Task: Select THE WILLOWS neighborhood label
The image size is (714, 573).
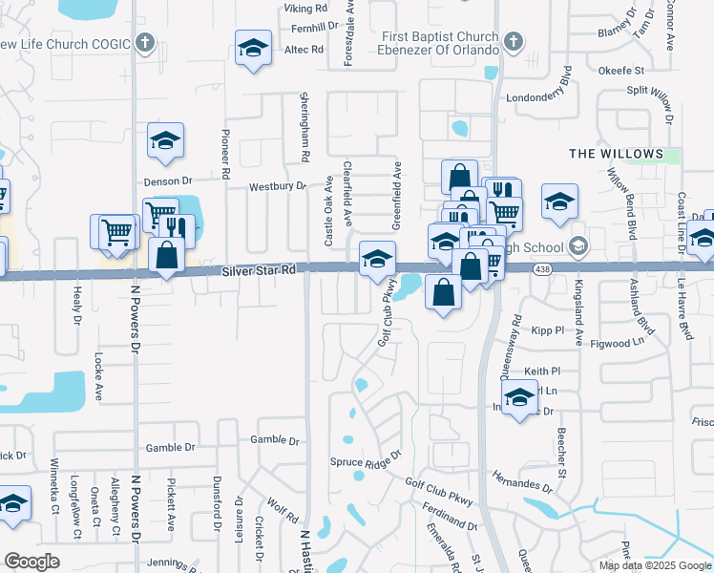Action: pyautogui.click(x=616, y=154)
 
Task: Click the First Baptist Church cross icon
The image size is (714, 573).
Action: pyautogui.click(x=514, y=42)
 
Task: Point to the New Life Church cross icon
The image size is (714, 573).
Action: pyautogui.click(x=145, y=42)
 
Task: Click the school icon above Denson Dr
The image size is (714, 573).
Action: pyautogui.click(x=165, y=141)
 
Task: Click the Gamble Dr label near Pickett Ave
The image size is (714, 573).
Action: pyautogui.click(x=171, y=447)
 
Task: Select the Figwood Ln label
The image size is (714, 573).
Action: pyautogui.click(x=618, y=343)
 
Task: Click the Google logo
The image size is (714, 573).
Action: pyautogui.click(x=31, y=562)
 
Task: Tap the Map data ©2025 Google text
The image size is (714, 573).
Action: pyautogui.click(x=655, y=565)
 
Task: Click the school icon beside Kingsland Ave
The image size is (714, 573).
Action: pyautogui.click(x=559, y=201)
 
